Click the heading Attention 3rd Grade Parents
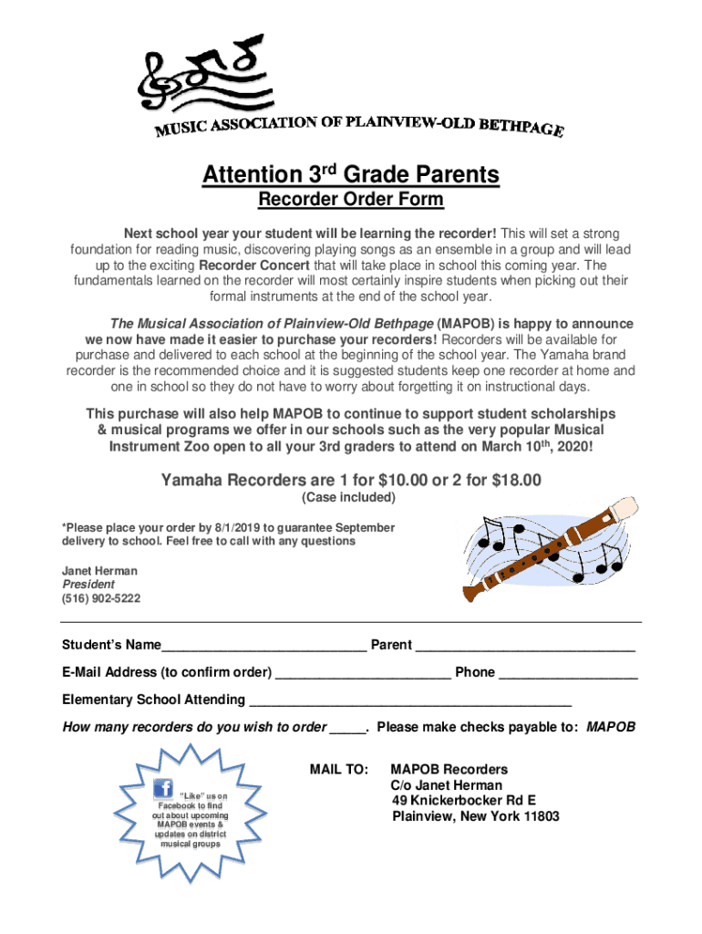click(350, 174)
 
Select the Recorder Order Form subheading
click(350, 200)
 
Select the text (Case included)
click(348, 498)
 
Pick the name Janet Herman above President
click(99, 571)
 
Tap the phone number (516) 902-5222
click(101, 598)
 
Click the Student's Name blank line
click(264, 646)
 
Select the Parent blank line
click(525, 646)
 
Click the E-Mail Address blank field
click(363, 673)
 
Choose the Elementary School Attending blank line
click(409, 700)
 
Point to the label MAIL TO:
click(339, 770)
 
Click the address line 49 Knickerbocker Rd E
click(464, 801)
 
